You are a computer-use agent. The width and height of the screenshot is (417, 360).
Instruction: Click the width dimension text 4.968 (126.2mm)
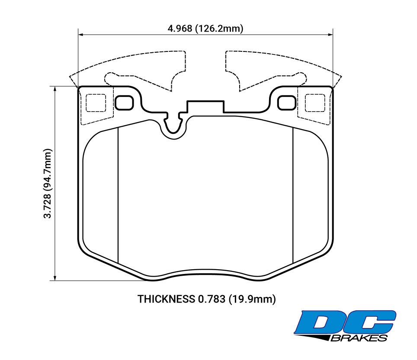point(205,29)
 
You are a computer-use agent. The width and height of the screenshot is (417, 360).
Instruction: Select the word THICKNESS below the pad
point(166,299)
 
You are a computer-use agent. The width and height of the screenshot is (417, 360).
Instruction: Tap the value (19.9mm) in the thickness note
point(252,299)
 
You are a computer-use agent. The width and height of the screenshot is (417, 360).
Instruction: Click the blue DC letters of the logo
point(346,322)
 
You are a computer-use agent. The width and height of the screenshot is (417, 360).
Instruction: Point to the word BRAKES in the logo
point(359,338)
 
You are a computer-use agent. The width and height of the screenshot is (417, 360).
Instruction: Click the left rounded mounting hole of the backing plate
point(125,102)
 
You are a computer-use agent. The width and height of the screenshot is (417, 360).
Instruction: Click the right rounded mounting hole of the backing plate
point(286,102)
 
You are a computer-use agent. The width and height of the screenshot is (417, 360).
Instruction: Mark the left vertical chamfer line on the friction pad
point(118,194)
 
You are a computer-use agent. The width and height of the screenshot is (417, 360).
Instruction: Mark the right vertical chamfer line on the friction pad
point(293,194)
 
